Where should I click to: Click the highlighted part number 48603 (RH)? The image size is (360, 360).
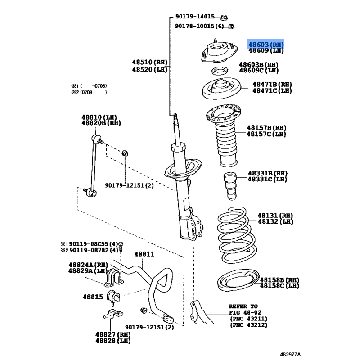(x=265, y=45)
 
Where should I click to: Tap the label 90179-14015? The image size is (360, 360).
(x=194, y=17)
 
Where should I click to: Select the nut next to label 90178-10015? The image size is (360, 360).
(x=231, y=27)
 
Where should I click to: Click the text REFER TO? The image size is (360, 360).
(x=243, y=305)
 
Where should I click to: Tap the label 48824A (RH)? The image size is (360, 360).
(x=88, y=265)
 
